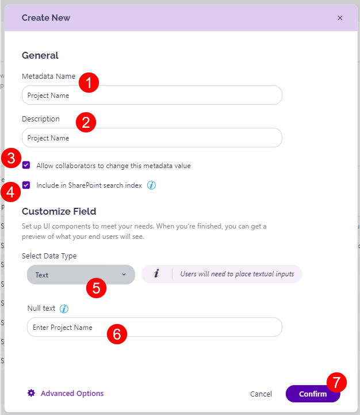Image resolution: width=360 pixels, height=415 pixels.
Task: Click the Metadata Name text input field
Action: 152,96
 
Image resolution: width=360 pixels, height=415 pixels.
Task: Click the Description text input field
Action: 152,138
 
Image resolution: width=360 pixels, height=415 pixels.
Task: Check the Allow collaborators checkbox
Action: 26,166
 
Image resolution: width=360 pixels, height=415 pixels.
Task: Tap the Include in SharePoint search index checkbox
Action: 26,185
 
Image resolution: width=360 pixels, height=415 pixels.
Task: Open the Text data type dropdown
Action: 81,275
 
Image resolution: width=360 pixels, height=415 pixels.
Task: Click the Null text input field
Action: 154,327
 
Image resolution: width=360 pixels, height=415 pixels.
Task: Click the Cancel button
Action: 261,394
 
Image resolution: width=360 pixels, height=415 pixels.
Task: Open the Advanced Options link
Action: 72,394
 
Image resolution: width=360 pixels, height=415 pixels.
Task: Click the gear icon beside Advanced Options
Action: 32,393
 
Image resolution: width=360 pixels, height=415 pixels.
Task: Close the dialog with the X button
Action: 340,18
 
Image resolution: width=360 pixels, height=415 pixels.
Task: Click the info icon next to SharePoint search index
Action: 152,185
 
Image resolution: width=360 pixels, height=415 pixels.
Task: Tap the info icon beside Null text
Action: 64,309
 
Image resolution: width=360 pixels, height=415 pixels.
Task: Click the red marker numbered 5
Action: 97,287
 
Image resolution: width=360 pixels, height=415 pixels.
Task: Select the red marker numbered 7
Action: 336,382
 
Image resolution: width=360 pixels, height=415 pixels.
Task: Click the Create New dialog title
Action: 46,18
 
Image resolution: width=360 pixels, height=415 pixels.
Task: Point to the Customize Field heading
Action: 59,211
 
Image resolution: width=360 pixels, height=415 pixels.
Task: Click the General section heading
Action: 40,56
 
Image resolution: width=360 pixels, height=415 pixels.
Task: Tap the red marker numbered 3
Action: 12,158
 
